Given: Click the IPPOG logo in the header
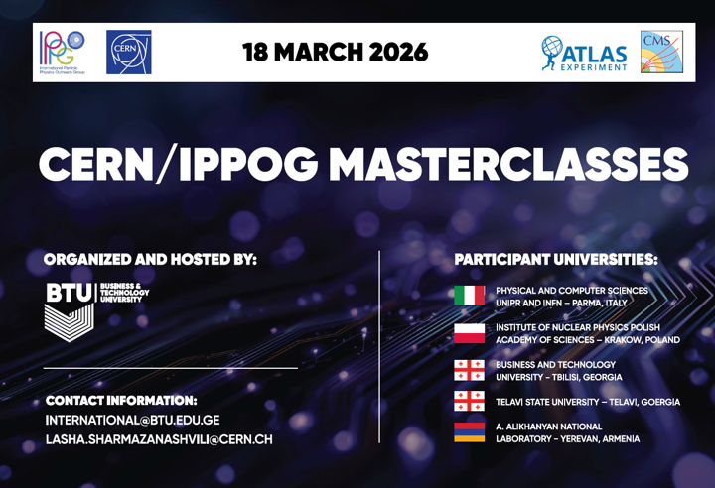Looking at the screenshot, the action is coord(62,52).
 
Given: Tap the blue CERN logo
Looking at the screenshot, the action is coord(128,52).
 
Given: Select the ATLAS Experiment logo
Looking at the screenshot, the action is coord(584,54).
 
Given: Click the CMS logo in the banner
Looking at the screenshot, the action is coord(661,52).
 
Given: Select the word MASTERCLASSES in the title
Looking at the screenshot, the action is coord(508,164).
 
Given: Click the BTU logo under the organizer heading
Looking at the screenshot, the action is coord(96,312).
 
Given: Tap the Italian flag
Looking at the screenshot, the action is coord(469,296).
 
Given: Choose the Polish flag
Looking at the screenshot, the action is coord(469,333).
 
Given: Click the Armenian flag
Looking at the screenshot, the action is coord(469,431).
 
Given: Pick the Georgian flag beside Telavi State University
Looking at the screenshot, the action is coord(469,401).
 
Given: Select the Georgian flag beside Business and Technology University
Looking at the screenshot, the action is coord(469,370).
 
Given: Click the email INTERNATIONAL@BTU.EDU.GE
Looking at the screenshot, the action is coord(133,421).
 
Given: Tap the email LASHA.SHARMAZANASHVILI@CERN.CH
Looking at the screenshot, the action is coord(159,439).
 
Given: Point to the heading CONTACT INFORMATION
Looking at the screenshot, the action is coord(121,401).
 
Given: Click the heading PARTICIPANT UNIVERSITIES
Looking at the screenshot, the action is coord(556,260).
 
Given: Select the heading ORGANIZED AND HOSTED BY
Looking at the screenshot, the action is coord(151,259).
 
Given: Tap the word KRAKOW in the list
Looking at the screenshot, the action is coord(623,340).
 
